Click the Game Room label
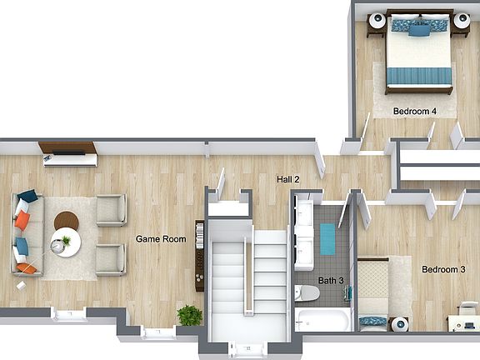coord(161,239)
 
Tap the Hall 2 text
coord(288,179)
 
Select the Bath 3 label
coord(331,280)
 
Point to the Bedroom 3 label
coord(443,269)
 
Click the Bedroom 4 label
coord(414,111)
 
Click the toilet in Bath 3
coord(306,292)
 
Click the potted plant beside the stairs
coord(190,316)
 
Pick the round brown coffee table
coord(66,222)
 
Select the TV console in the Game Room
coord(68,153)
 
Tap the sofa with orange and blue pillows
coord(24,232)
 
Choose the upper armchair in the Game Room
coord(110,211)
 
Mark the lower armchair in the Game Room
coord(110,260)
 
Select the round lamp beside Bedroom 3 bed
coord(401,322)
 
